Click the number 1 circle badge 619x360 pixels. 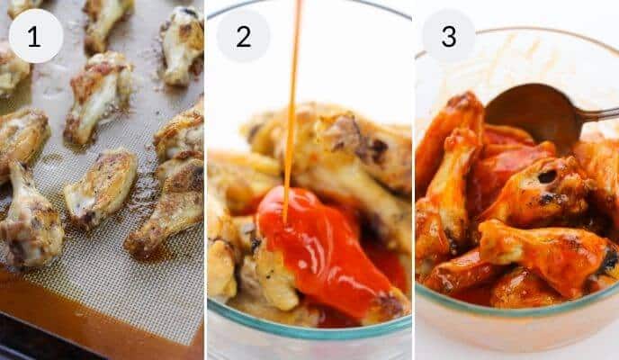[x=35, y=36]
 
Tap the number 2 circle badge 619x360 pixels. [x=243, y=36]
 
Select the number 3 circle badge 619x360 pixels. [x=449, y=36]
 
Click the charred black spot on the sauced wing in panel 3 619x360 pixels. [x=547, y=176]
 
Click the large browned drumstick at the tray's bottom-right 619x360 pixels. [x=171, y=211]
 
